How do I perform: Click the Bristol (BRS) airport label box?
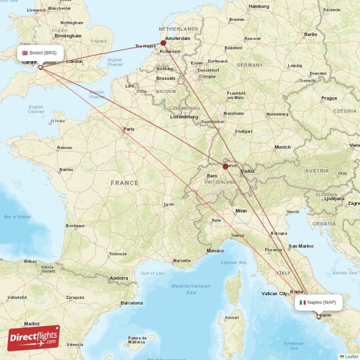click(40, 53)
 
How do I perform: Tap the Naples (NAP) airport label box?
click(319, 302)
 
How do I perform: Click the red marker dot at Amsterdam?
click(163, 44)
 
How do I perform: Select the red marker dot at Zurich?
click(225, 166)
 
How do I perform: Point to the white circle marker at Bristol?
click(40, 67)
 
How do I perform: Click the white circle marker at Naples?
click(319, 317)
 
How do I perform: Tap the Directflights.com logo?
click(34, 338)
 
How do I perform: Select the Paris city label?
click(129, 129)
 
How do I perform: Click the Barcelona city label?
click(131, 303)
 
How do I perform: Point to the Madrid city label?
click(31, 324)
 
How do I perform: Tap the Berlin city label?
click(310, 34)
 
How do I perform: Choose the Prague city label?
click(329, 98)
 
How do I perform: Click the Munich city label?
click(283, 147)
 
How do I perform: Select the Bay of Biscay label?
click(18, 217)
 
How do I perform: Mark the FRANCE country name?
click(125, 183)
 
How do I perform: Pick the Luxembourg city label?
click(184, 117)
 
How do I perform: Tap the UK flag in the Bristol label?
click(25, 53)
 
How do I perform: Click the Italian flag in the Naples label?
click(303, 302)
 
